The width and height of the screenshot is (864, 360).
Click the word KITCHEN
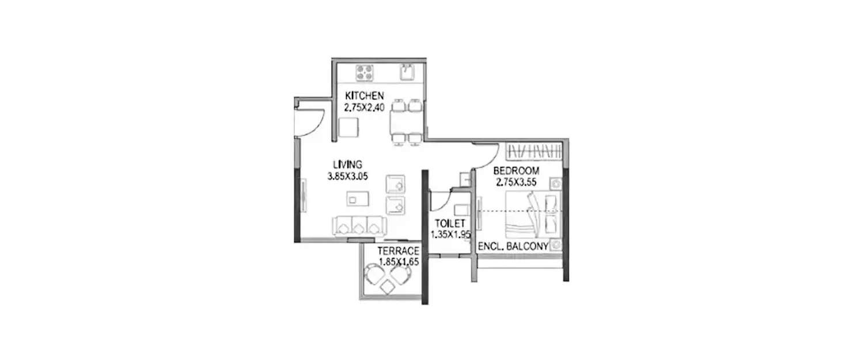[x=364, y=96]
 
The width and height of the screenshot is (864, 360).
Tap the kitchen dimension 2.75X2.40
[x=364, y=107]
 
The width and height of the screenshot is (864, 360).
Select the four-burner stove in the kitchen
[x=365, y=72]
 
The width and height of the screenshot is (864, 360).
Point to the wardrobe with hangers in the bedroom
[x=533, y=151]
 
